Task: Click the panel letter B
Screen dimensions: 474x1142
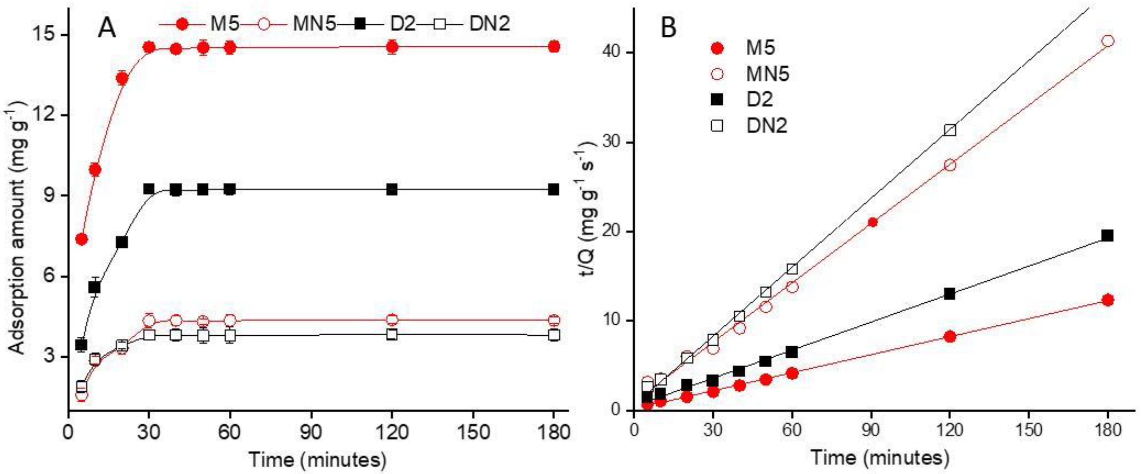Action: point(668,27)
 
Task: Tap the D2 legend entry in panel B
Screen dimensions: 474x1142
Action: point(759,99)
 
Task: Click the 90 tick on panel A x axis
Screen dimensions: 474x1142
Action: point(310,432)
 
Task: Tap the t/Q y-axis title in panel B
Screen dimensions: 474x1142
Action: point(590,208)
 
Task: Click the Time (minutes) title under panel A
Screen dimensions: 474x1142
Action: point(317,459)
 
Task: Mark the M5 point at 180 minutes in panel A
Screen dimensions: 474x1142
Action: point(554,47)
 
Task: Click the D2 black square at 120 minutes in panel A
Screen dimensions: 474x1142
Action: point(392,189)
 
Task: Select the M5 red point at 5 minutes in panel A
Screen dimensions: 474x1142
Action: point(82,240)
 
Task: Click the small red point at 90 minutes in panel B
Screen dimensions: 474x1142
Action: point(872,222)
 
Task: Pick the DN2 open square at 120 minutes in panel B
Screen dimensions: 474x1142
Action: point(950,130)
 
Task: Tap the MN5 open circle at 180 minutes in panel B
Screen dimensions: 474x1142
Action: point(1107,41)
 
